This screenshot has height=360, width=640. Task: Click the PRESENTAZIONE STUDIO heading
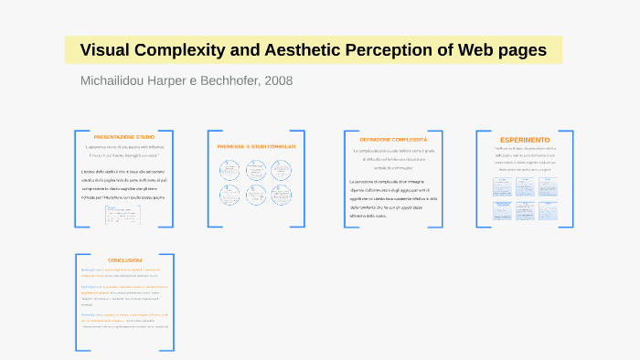tap(124, 136)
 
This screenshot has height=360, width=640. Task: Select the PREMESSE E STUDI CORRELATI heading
tap(255, 146)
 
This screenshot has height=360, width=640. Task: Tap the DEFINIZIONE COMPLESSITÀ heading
tap(393, 139)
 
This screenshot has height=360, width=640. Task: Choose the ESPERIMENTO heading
tap(525, 139)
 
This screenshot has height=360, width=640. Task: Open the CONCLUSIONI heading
tap(124, 260)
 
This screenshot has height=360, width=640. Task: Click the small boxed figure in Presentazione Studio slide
tap(123, 214)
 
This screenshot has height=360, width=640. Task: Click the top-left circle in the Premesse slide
tap(229, 168)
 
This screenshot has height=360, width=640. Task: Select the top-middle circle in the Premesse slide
tap(255, 168)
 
